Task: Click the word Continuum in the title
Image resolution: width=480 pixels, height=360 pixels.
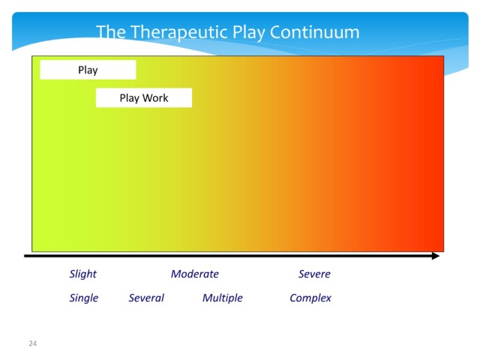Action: coord(315,31)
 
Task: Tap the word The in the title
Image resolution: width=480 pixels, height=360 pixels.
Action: coord(111,31)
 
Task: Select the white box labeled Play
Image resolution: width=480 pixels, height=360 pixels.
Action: coord(88,70)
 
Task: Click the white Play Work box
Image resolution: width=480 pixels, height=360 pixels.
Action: coord(144,97)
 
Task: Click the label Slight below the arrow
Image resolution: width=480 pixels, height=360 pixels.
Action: coord(83,274)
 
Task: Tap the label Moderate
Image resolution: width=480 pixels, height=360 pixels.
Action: coord(195,274)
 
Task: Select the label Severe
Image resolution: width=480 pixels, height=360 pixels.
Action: coord(315,274)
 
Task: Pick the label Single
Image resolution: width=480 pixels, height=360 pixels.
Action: coord(84,298)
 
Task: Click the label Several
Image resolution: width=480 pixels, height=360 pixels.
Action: coord(146,298)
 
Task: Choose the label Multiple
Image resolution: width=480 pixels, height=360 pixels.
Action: coord(223,298)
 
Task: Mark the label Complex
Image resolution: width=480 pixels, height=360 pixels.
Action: coord(310,298)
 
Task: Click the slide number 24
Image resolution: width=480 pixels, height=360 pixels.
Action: coord(33,343)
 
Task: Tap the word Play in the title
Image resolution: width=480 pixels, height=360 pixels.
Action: coord(248,33)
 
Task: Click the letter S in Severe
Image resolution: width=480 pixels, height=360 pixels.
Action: coord(302,274)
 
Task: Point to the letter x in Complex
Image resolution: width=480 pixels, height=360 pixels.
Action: coord(328,298)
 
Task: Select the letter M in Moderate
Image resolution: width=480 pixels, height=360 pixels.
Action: coord(177,274)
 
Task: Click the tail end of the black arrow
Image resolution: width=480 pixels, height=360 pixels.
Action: coord(25,256)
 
